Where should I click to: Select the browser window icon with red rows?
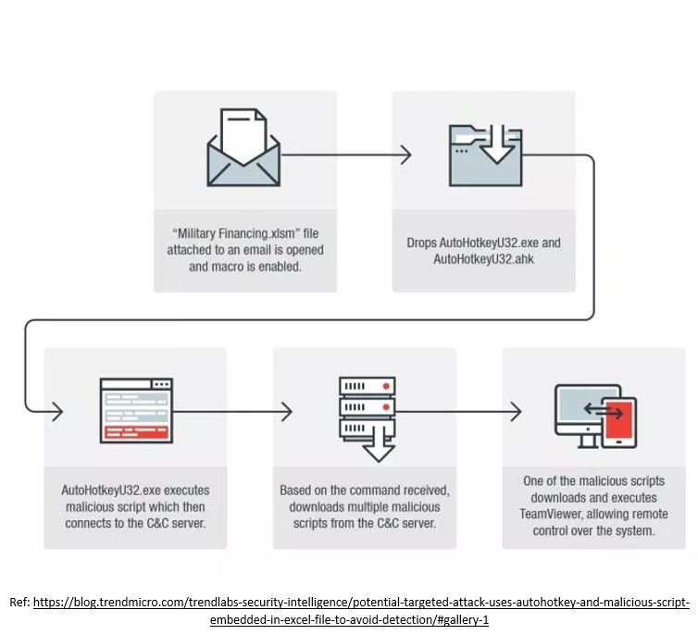[x=135, y=408]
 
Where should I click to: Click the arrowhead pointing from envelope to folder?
[x=405, y=156]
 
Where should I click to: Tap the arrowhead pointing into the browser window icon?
[x=56, y=410]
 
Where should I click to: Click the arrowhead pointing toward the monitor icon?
[x=516, y=410]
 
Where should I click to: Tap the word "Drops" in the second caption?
[x=422, y=243]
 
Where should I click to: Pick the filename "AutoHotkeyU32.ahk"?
[x=483, y=259]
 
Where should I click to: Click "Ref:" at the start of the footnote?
[x=19, y=602]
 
